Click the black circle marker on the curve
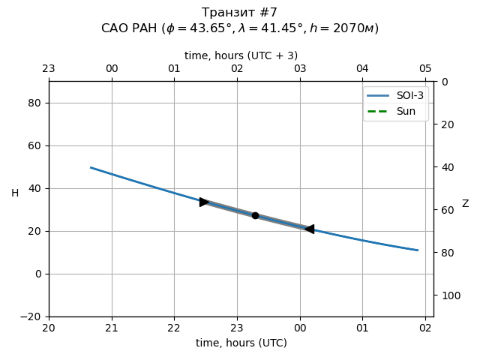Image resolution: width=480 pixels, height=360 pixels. coord(255,215)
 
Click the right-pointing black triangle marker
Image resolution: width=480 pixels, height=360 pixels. coord(204,202)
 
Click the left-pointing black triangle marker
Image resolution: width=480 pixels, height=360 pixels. coord(309,229)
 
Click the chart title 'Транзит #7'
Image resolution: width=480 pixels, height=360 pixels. coord(240,13)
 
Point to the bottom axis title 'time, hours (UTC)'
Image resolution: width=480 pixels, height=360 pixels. coord(241,343)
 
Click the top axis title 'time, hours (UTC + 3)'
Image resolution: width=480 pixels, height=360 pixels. coord(241,55)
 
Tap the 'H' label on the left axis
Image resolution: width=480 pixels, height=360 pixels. coord(15,193)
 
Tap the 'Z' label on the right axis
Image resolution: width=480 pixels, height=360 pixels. coord(465,203)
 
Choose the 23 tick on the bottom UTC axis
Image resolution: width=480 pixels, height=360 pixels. coord(237,327)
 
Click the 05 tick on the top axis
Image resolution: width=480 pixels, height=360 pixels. coord(425,69)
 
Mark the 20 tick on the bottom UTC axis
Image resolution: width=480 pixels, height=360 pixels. coord(49,327)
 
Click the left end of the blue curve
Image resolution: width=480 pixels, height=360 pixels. coord(91,167)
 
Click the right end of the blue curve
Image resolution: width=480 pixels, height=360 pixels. coord(418,250)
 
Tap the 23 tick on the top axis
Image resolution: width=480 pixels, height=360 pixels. coord(49,69)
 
